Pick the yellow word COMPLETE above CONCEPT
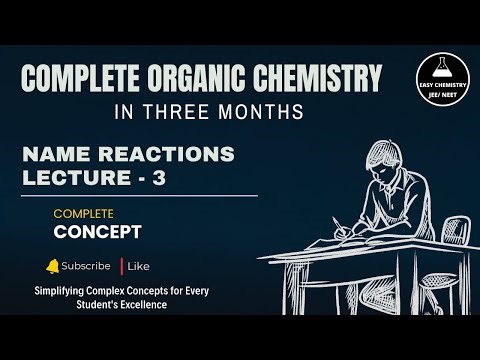[84, 214]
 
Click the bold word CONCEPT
[98, 232]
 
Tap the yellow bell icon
[53, 266]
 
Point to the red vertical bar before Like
[122, 266]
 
